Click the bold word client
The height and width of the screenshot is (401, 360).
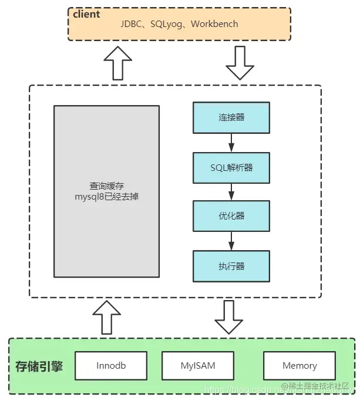pos(87,14)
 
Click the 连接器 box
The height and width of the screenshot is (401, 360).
pos(231,117)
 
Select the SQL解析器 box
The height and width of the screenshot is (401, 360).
pos(231,167)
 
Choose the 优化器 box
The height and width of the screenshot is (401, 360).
pos(231,216)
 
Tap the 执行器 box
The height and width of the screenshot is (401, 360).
pos(231,266)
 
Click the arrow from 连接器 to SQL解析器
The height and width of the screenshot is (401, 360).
pos(231,142)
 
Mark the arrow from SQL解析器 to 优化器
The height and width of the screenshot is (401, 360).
pos(231,191)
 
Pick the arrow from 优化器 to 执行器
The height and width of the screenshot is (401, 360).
pos(231,241)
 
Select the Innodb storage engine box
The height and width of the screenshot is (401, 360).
pos(111,365)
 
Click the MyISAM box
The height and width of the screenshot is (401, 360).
pos(198,365)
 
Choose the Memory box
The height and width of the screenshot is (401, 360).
pos(300,365)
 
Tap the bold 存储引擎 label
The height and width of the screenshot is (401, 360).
pos(39,366)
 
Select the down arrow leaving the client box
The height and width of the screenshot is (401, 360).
pos(240,63)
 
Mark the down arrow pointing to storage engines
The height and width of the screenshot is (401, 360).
pos(228,318)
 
